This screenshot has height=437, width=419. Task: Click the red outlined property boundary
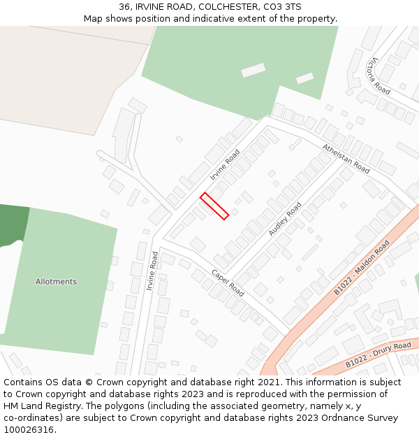(214, 206)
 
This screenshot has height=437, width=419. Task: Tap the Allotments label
(56, 282)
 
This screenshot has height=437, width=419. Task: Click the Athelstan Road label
(346, 158)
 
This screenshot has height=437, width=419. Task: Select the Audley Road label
(285, 219)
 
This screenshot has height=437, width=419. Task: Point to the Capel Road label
(228, 283)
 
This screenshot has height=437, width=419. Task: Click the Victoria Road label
(380, 76)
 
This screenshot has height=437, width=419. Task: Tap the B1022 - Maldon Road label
(362, 268)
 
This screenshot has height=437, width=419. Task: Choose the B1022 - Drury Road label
(378, 355)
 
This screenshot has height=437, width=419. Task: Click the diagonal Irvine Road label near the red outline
(225, 164)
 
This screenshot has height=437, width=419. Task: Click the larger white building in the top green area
(253, 70)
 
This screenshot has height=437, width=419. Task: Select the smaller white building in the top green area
(304, 78)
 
